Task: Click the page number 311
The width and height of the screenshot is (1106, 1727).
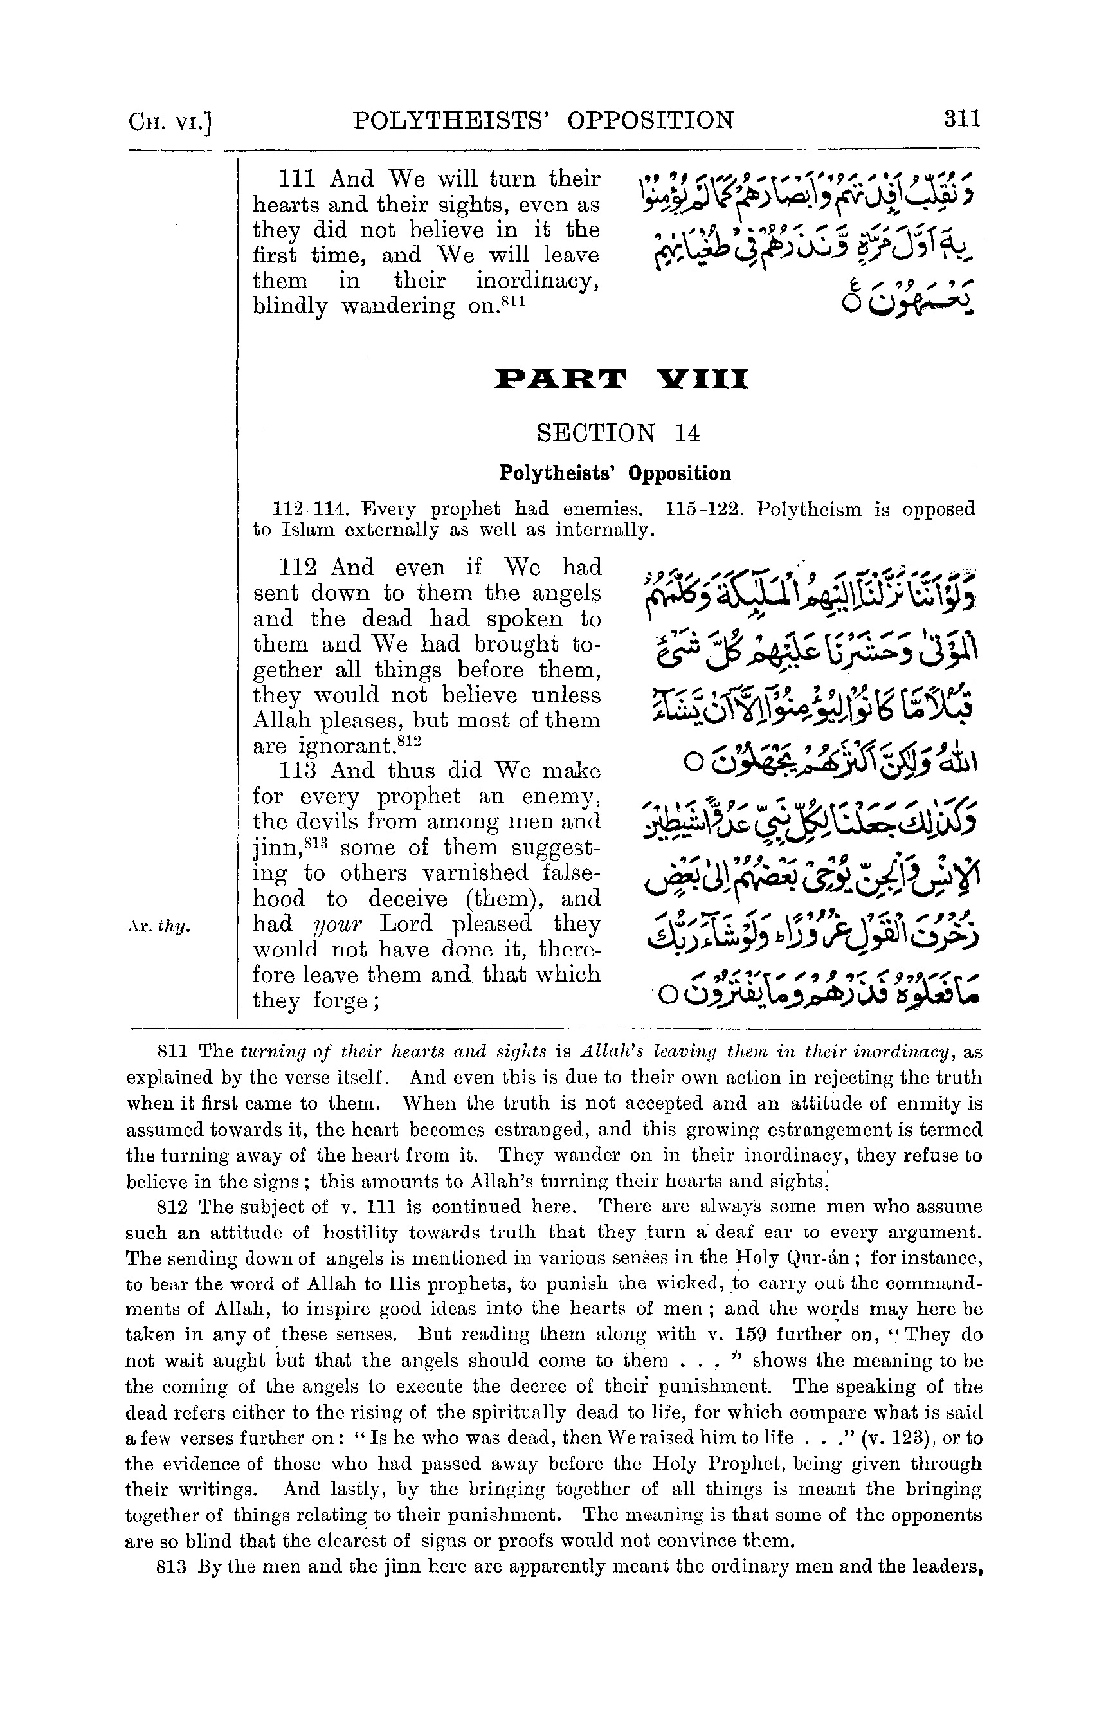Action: click(x=963, y=118)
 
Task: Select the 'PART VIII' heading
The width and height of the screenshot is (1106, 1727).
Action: click(x=622, y=379)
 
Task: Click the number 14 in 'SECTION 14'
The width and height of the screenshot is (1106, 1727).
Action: click(x=687, y=432)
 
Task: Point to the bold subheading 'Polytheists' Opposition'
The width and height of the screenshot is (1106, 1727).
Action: click(x=615, y=473)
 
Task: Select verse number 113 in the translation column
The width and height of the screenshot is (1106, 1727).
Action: click(x=298, y=771)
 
